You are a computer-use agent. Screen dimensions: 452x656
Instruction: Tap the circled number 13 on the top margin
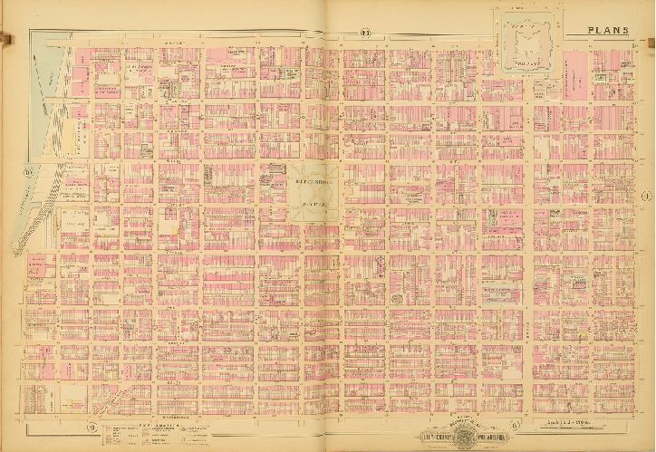click(x=366, y=34)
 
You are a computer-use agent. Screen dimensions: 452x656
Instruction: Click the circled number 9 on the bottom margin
click(x=92, y=427)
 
